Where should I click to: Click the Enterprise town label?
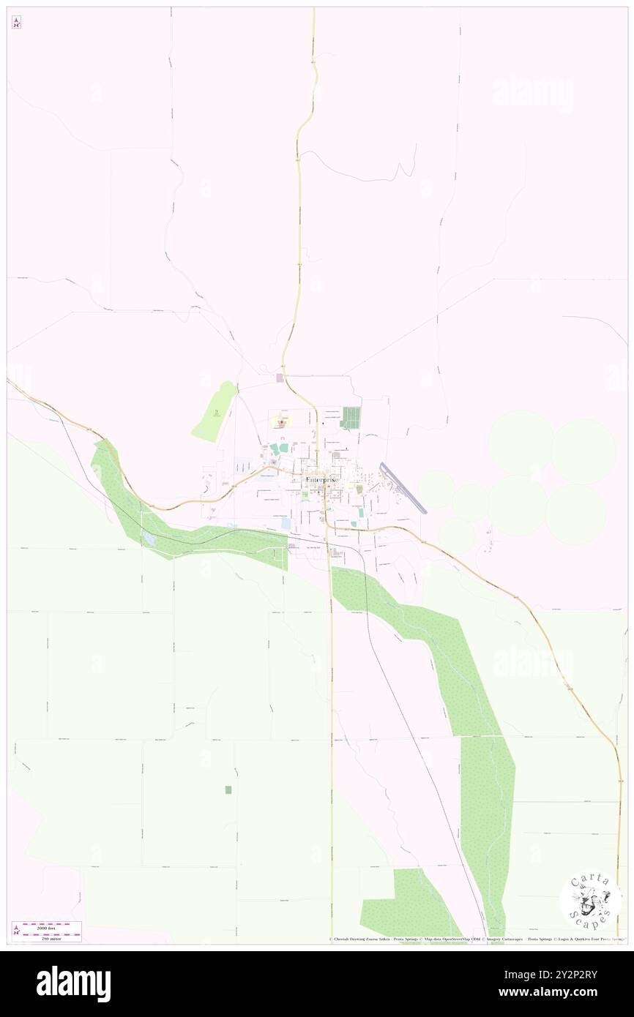(322, 479)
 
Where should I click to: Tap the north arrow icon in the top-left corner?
(16, 23)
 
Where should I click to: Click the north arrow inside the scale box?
(17, 931)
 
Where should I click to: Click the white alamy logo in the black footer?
(73, 984)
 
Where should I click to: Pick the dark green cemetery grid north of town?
(351, 417)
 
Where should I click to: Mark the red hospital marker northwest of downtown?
(280, 421)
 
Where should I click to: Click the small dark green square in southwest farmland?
(228, 789)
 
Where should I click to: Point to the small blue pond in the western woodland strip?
(149, 538)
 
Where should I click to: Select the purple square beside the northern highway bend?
(279, 378)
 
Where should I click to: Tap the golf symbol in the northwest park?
(215, 412)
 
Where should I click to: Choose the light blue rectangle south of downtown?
(286, 523)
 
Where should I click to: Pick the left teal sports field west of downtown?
(273, 448)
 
